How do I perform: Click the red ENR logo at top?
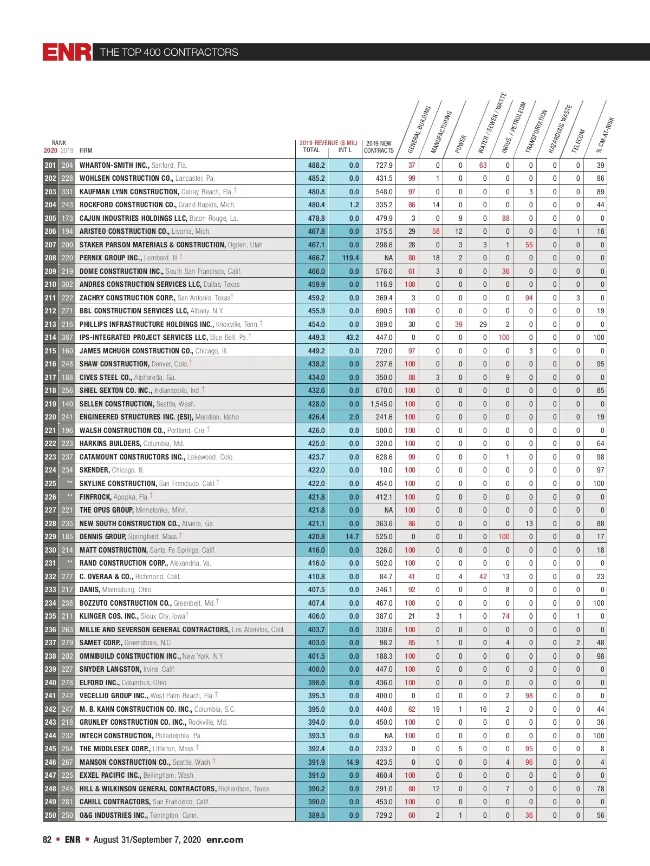coord(67,52)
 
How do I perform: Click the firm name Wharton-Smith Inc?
coord(114,165)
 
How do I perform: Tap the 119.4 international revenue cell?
coord(350,258)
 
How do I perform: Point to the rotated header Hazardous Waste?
coord(560,129)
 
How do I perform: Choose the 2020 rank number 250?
coord(50,815)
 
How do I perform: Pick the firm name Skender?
coord(94,470)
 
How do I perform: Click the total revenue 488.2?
coord(316,165)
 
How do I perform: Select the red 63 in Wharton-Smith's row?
coord(483,165)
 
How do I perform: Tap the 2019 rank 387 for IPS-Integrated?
coord(67,337)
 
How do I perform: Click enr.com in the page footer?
coord(225,839)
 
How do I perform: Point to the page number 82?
coord(47,839)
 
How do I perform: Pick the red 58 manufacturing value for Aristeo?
coord(436,231)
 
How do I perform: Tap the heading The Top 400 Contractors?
coord(169,52)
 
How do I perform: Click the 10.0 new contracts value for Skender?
coord(386,470)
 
